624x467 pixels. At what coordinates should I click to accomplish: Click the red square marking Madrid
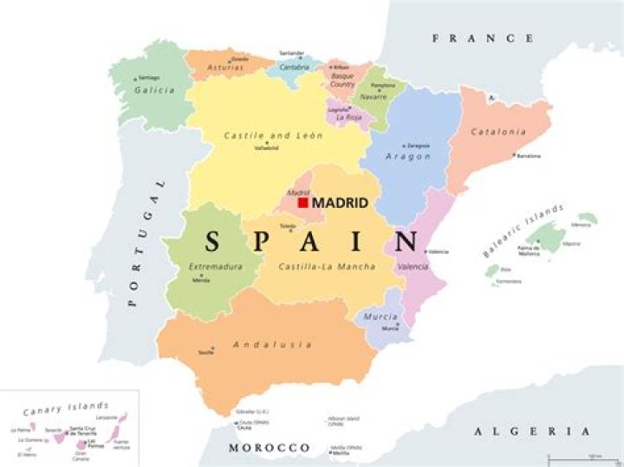[303, 202]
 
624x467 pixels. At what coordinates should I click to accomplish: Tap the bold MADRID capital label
[340, 203]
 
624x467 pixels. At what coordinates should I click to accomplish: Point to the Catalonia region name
[498, 132]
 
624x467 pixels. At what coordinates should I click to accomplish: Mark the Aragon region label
[408, 156]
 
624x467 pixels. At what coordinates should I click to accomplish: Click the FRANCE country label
[483, 38]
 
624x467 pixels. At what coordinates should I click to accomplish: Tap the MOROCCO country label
[269, 447]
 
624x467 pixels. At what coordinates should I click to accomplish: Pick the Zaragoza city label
[418, 146]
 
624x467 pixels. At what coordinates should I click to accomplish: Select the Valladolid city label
[266, 147]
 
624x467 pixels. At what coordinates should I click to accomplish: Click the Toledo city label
[286, 225]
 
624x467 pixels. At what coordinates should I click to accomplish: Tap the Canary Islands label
[66, 407]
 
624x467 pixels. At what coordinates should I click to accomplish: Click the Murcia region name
[381, 317]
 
